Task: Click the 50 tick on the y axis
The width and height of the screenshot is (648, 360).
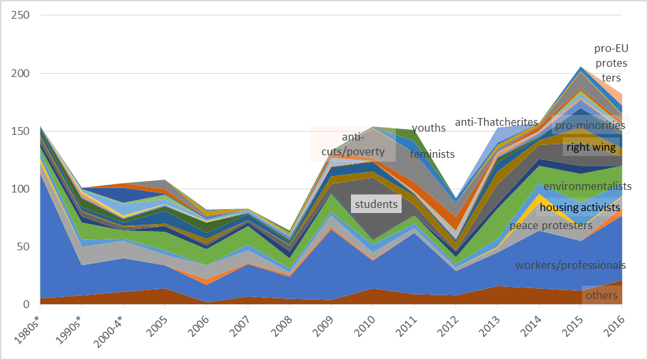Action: point(24,246)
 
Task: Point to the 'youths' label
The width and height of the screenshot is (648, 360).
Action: point(429,128)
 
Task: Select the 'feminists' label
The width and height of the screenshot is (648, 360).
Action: point(432,154)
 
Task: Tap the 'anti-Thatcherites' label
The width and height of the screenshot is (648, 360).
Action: point(496,122)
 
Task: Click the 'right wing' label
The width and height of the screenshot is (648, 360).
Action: point(590,148)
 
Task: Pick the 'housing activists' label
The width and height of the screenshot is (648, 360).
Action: point(579,207)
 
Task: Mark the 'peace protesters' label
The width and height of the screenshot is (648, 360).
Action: point(550,225)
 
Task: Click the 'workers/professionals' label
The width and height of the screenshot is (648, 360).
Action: point(570,265)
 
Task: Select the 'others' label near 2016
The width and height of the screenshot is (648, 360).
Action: point(601,295)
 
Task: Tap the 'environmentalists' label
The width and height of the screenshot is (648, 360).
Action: point(587,186)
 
